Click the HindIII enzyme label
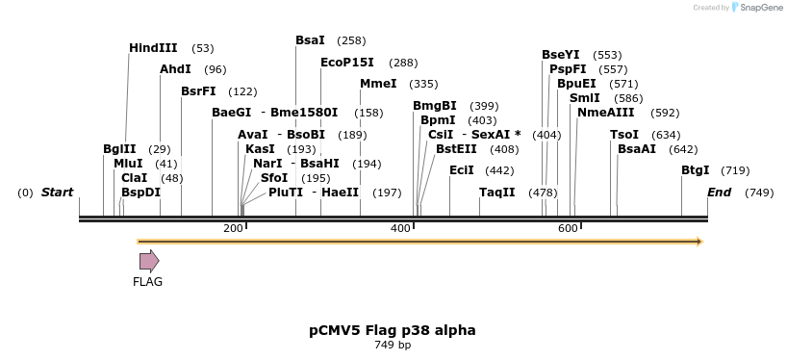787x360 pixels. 153,48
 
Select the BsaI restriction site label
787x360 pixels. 310,40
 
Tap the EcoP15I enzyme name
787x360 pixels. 346,63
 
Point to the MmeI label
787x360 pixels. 378,84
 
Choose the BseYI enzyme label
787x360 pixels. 561,55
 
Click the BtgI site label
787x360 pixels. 695,170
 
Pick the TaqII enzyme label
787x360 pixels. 497,193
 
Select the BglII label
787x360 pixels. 119,149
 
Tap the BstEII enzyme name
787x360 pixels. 456,149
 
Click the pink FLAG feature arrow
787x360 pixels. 149,261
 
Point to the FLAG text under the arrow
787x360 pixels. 148,282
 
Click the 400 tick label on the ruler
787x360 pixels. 400,228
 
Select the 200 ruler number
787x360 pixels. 233,228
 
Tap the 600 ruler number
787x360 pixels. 568,228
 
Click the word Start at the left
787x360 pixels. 57,193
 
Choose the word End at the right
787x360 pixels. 719,193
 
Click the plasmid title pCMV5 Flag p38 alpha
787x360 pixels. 393,330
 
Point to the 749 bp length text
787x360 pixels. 393,346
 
